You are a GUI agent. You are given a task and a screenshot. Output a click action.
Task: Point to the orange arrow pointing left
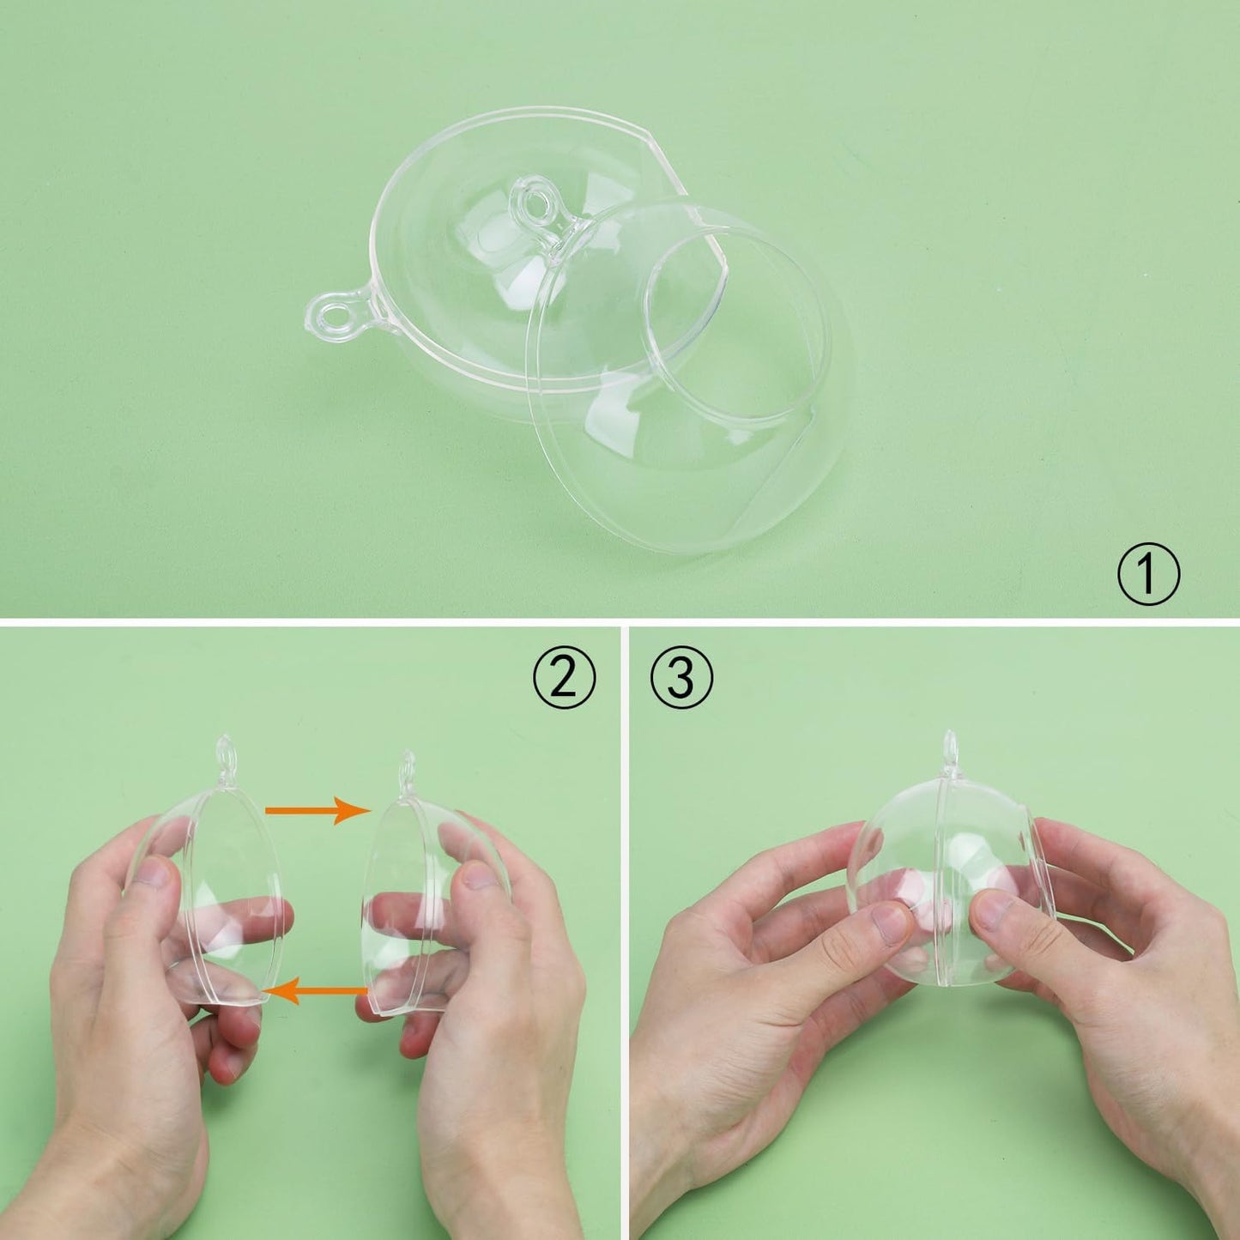[317, 991]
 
